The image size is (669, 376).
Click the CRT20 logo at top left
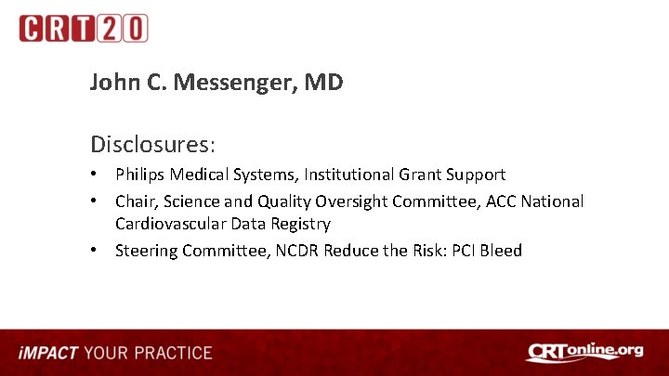pos(83,29)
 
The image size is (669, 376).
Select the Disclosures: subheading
pos(153,145)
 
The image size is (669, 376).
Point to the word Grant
pos(420,175)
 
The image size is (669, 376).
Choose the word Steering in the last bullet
pos(147,251)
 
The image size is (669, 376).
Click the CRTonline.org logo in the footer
pos(584,352)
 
